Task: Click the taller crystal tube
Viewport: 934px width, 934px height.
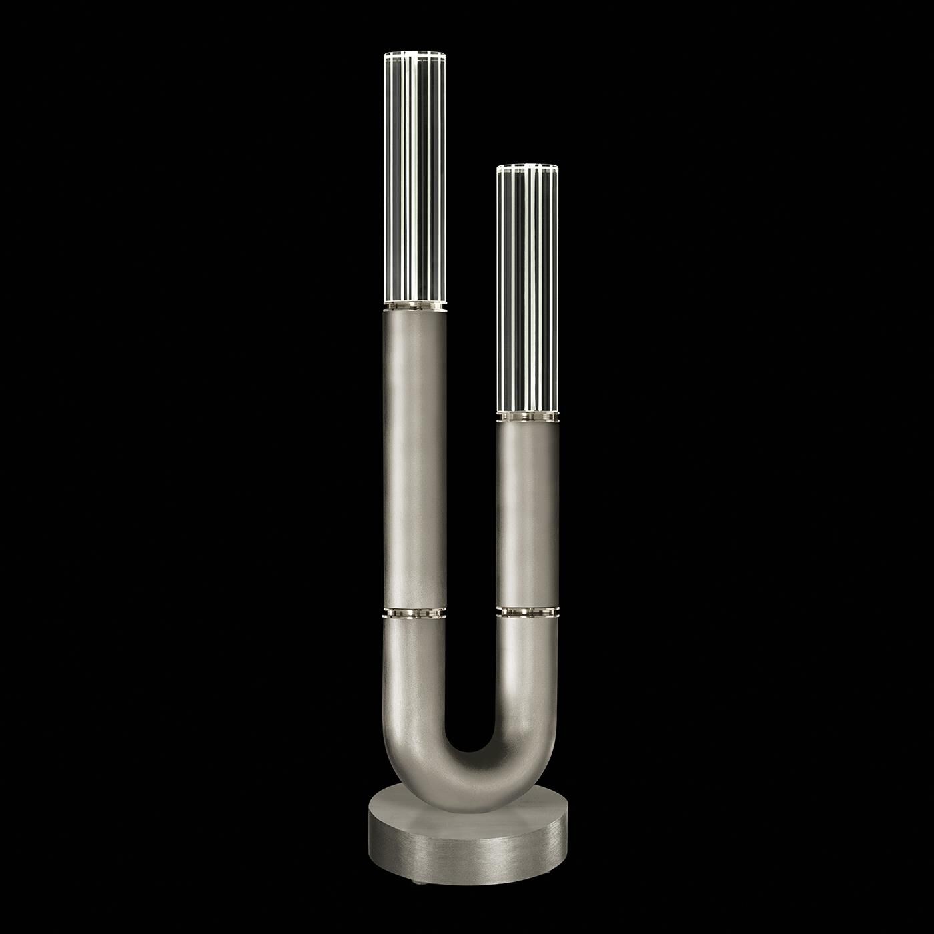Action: [414, 180]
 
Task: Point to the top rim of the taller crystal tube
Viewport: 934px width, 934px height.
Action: [414, 54]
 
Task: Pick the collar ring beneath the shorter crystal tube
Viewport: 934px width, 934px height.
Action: [527, 416]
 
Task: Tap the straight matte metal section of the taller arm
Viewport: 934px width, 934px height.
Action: [414, 454]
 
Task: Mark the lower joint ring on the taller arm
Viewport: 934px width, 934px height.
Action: [414, 612]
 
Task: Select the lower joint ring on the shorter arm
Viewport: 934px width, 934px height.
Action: [527, 610]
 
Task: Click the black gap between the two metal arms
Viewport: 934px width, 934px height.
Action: [471, 534]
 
